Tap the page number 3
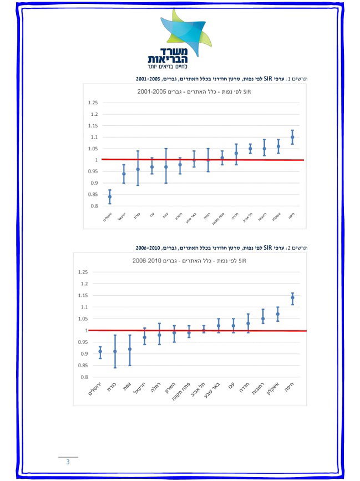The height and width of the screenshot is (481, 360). [x=68, y=462]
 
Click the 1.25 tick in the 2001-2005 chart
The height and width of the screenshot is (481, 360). [x=92, y=103]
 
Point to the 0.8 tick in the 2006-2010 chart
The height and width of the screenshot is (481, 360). [x=84, y=377]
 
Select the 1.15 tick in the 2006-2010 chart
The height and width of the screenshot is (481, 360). [x=83, y=295]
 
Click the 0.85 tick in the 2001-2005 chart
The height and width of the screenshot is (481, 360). [x=92, y=194]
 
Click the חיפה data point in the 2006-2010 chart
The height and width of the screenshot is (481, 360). [x=292, y=297]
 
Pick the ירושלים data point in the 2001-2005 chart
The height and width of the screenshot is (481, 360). [x=109, y=196]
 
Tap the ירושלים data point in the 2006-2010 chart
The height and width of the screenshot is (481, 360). [x=100, y=351]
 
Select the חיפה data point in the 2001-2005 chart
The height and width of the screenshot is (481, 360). [x=292, y=137]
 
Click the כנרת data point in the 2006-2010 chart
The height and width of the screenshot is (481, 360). [x=115, y=351]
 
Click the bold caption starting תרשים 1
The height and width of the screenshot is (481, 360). [x=221, y=79]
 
